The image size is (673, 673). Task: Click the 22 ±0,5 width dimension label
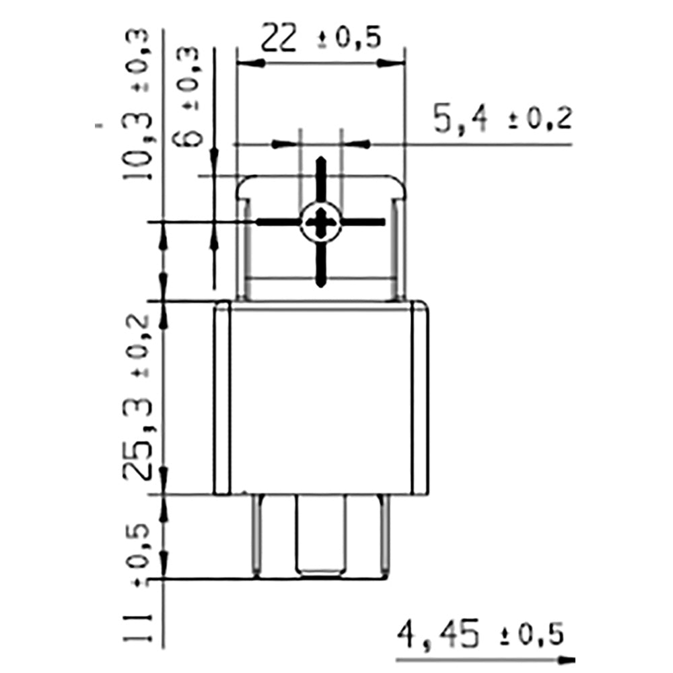(x=320, y=39)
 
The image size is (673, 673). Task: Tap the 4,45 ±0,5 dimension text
(x=480, y=635)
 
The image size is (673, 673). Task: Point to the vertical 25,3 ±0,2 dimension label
(x=139, y=397)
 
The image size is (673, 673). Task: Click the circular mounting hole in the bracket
(x=321, y=222)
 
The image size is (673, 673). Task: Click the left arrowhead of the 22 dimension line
(x=249, y=63)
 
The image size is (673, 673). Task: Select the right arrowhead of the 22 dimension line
(x=393, y=63)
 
